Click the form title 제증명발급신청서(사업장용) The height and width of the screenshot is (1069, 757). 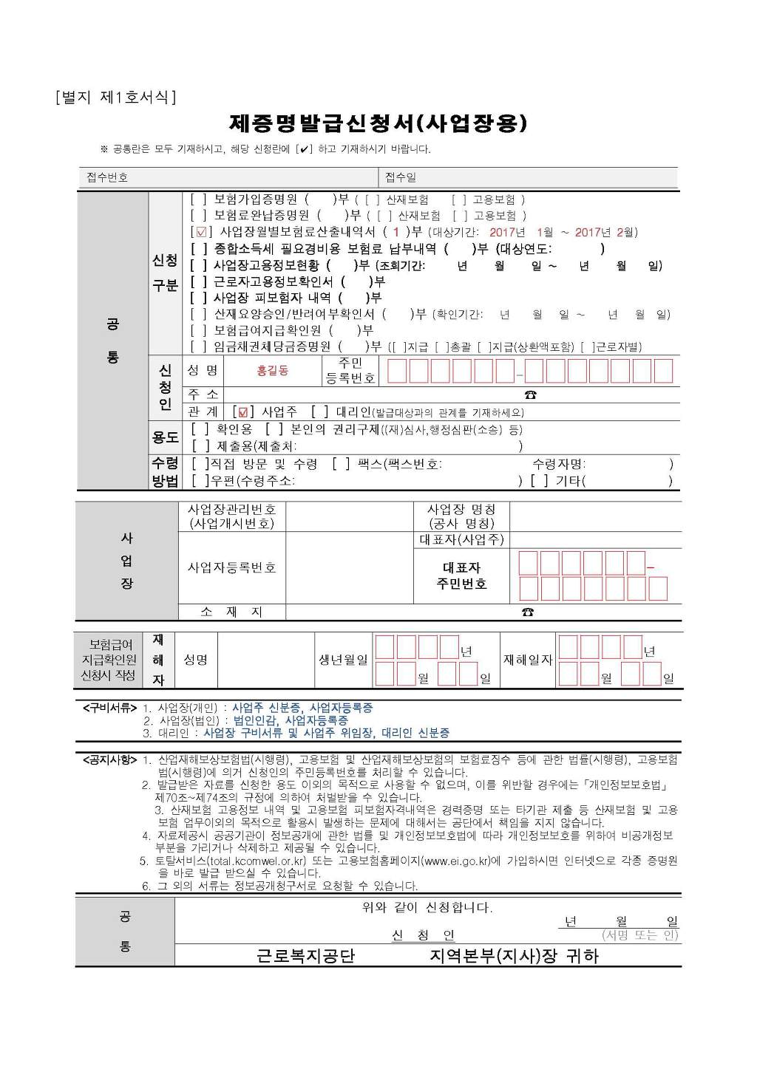[378, 122]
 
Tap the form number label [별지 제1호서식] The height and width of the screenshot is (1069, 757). [115, 97]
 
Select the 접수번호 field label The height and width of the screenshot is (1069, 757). [107, 177]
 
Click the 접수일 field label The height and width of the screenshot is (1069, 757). [400, 177]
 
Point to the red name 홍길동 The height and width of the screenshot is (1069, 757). [272, 371]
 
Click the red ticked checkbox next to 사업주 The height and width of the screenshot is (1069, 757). [243, 411]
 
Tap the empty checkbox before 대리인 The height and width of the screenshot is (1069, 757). [319, 411]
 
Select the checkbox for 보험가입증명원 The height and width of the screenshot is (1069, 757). [198, 199]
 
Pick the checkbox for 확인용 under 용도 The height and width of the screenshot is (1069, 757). [198, 429]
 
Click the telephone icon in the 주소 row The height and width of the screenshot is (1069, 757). [530, 395]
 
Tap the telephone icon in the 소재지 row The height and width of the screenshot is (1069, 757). [527, 612]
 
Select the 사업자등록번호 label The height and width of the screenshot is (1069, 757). [231, 567]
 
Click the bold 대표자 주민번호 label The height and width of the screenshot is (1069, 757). [461, 576]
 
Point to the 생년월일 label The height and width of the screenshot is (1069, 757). [343, 660]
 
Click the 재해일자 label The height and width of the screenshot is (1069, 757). [528, 660]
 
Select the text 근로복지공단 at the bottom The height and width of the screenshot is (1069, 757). [305, 956]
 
